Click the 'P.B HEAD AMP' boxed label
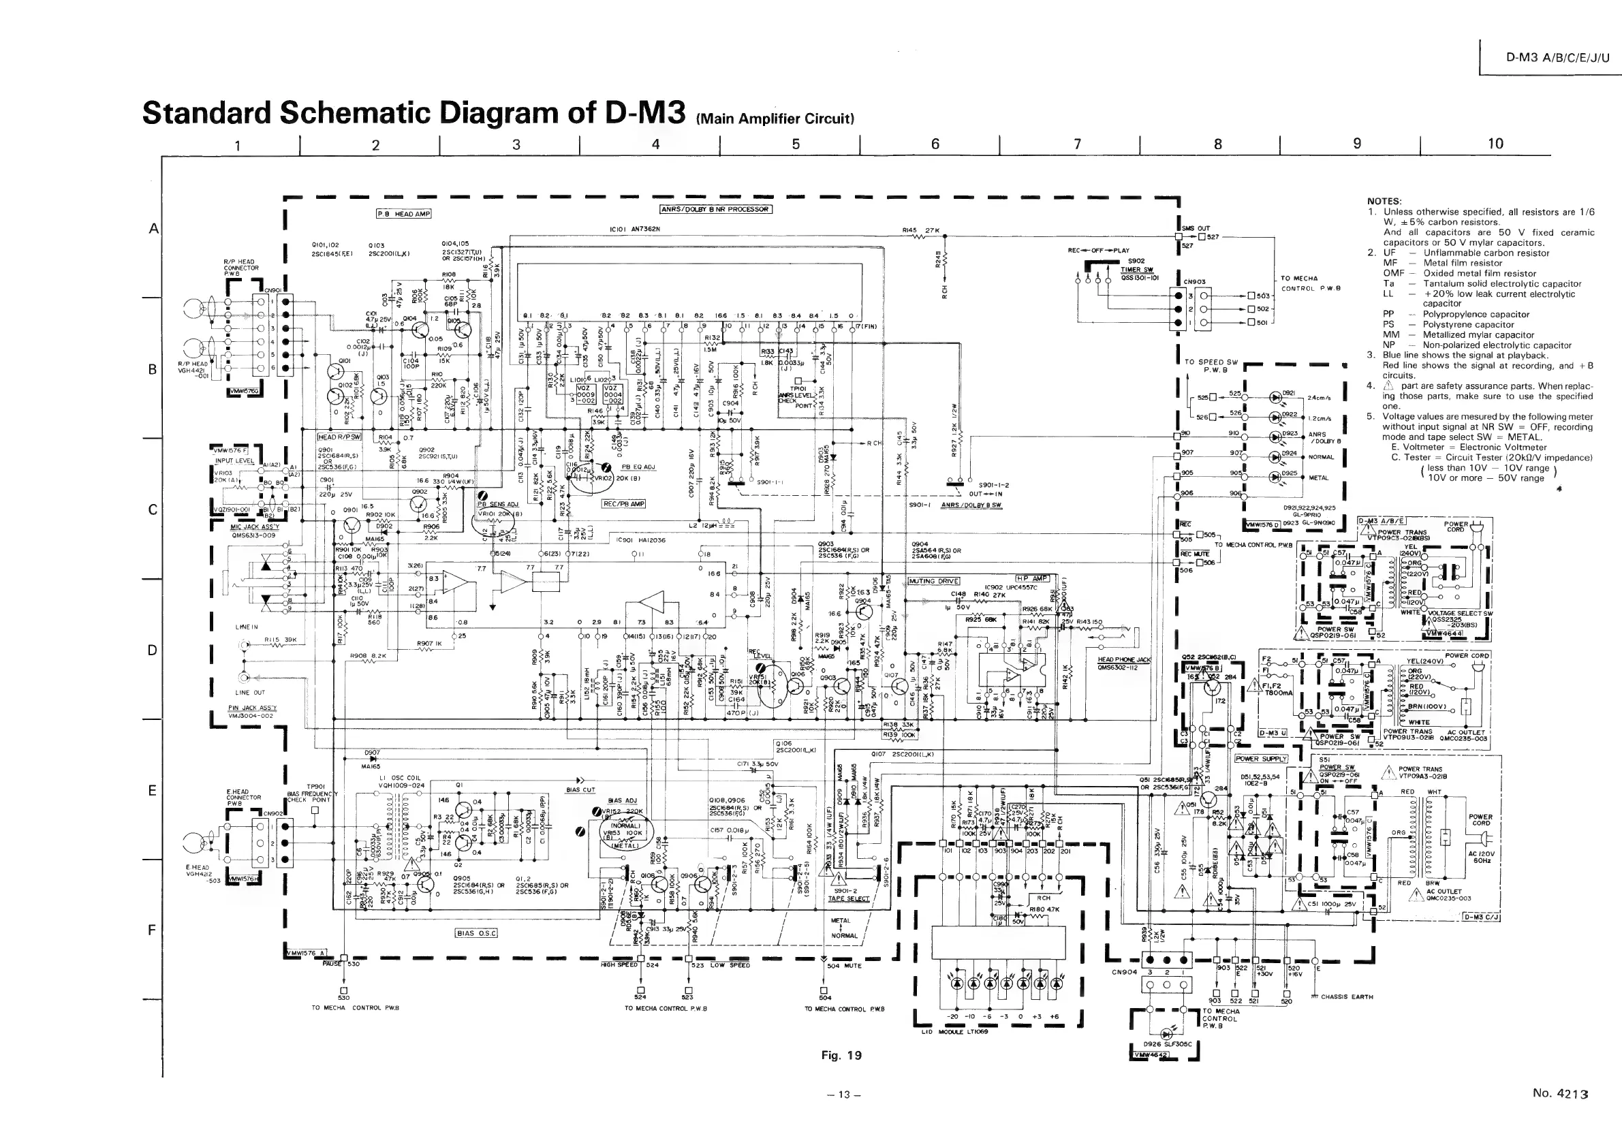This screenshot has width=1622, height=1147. point(403,214)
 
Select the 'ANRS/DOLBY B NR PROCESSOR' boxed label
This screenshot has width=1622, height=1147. point(716,209)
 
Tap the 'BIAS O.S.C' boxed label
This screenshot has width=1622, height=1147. point(477,933)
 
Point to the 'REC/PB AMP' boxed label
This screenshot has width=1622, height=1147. point(624,503)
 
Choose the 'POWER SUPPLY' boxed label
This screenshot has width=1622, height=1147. point(1261,759)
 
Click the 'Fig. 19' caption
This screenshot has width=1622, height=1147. point(841,1055)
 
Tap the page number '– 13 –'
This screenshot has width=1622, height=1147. point(843,1095)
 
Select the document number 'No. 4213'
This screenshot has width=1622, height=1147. point(1560,1093)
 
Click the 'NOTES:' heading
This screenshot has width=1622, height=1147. point(1384,202)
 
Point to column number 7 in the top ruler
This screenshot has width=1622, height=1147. point(1077,144)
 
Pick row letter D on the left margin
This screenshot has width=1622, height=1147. point(152,650)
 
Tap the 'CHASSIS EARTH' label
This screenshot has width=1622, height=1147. point(1347,997)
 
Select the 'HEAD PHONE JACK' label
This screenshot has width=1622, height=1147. point(1124,660)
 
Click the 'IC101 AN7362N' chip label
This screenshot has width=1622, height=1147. point(634,229)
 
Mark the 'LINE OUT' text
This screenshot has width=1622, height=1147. point(250,693)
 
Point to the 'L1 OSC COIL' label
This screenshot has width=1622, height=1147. point(401,778)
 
